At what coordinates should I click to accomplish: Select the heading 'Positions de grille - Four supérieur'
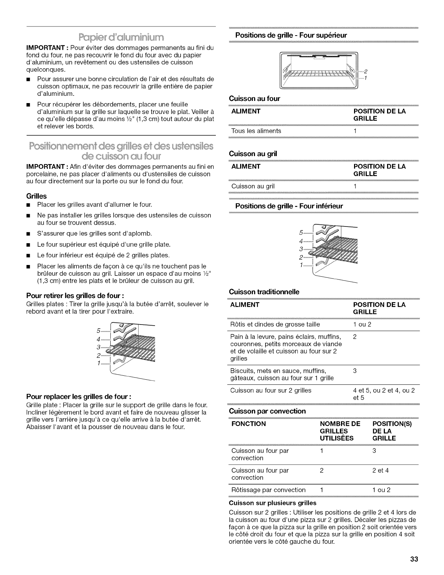(x=291, y=35)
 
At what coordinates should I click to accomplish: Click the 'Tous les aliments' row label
(x=256, y=131)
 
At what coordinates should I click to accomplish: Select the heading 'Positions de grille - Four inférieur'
(x=289, y=206)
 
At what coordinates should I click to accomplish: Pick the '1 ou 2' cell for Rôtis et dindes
(x=362, y=325)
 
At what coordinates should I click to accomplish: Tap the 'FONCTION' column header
(x=248, y=424)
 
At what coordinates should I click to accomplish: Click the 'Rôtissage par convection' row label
(x=268, y=490)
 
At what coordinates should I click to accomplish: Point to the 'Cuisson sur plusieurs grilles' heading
(x=273, y=503)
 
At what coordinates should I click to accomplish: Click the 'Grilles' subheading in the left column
(x=36, y=196)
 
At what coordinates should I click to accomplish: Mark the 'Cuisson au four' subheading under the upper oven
(x=255, y=98)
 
